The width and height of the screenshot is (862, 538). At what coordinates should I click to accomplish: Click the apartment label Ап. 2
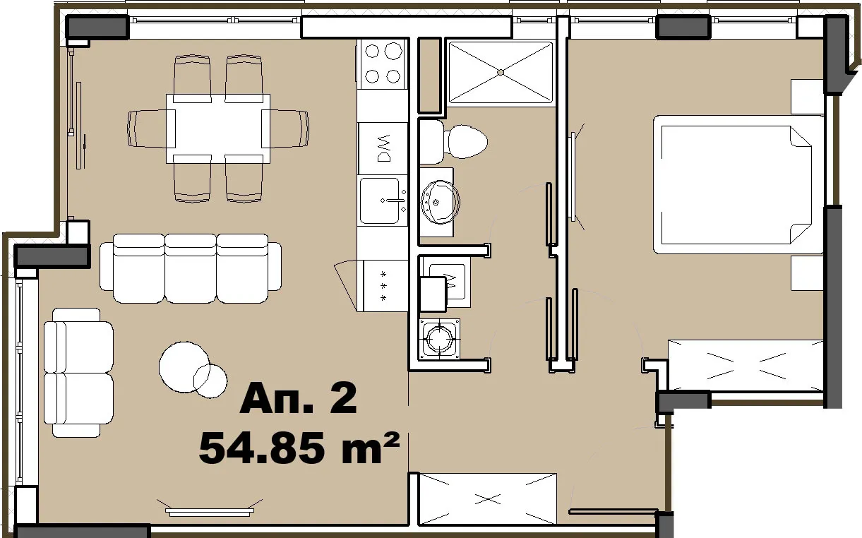tap(298, 400)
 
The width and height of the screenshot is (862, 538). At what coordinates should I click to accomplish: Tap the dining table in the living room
tap(217, 128)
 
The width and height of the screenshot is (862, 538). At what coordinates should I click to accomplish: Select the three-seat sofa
tap(191, 268)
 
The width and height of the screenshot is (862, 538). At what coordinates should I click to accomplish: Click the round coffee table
tap(185, 366)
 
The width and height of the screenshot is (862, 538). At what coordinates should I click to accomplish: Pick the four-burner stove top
tap(383, 63)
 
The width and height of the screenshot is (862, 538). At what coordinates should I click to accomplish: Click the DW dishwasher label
tap(383, 148)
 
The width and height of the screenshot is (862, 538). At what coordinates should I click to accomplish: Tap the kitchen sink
tap(383, 201)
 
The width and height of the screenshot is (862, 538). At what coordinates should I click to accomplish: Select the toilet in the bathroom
tap(459, 142)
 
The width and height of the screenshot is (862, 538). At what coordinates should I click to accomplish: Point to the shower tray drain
tap(501, 71)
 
